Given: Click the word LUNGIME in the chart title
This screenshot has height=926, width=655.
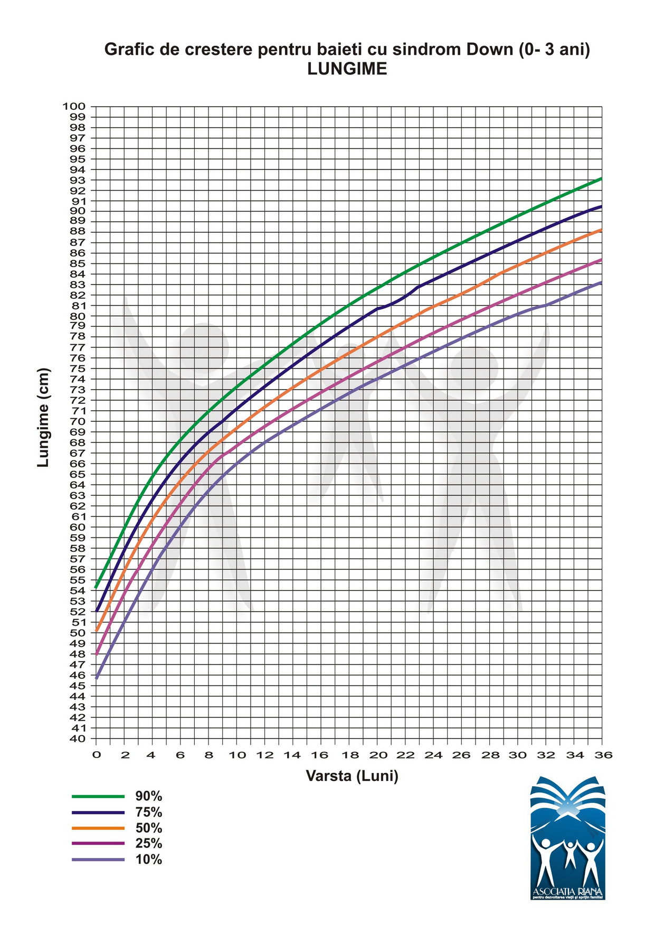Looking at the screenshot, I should tap(347, 69).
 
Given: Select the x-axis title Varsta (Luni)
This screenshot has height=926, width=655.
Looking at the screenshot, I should tap(352, 776).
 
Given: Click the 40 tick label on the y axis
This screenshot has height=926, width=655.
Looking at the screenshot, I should tap(77, 739).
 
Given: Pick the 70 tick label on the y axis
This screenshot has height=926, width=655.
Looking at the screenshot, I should tap(77, 421).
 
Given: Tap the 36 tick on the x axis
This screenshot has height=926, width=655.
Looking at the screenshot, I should tap(603, 755).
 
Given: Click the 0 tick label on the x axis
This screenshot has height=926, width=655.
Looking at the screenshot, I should tap(97, 755).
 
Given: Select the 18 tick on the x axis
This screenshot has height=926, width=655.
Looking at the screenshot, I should tap(349, 755).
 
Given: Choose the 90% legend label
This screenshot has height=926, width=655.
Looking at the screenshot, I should tap(148, 796).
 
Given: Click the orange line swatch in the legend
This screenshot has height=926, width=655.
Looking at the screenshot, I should tap(98, 828).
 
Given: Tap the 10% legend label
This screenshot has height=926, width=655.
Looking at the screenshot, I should tap(148, 859).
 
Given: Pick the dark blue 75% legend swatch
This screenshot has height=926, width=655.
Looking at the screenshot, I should tap(98, 812).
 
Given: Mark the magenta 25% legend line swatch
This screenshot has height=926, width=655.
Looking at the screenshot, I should tap(98, 844).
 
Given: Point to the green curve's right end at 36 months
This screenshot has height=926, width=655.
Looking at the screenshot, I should tap(601, 179).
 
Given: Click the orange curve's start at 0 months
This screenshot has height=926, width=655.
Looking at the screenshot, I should tap(97, 630).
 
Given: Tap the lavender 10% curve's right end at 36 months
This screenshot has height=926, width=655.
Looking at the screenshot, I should tap(601, 282).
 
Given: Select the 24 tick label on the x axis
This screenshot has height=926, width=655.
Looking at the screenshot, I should tap(434, 755).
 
